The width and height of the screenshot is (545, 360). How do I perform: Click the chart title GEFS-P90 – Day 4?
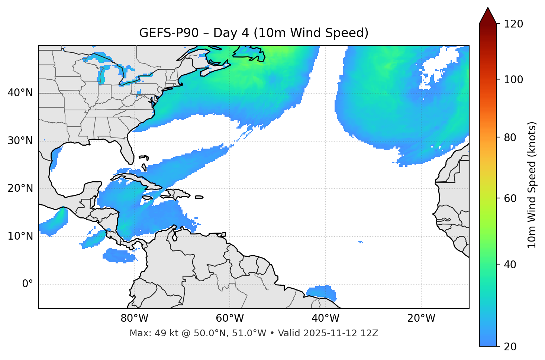click(254, 33)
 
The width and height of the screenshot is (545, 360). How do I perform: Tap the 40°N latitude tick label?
click(20, 93)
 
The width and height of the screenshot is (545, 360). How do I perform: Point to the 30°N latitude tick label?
click(20, 141)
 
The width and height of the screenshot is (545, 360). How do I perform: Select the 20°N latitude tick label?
click(20, 188)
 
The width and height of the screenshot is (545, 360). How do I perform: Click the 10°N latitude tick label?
click(20, 236)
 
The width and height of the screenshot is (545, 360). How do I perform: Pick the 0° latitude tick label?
click(28, 284)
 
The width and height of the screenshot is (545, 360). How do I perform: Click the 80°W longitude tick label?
click(134, 318)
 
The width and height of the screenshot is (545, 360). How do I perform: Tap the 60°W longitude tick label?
click(230, 318)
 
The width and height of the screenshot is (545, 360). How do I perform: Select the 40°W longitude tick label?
click(325, 318)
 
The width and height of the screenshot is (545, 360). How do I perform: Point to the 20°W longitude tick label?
click(421, 318)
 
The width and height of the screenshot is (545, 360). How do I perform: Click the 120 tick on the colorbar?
click(513, 24)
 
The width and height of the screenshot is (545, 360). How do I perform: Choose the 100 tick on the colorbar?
click(513, 80)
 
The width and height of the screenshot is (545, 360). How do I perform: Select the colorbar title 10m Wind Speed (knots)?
click(532, 185)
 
